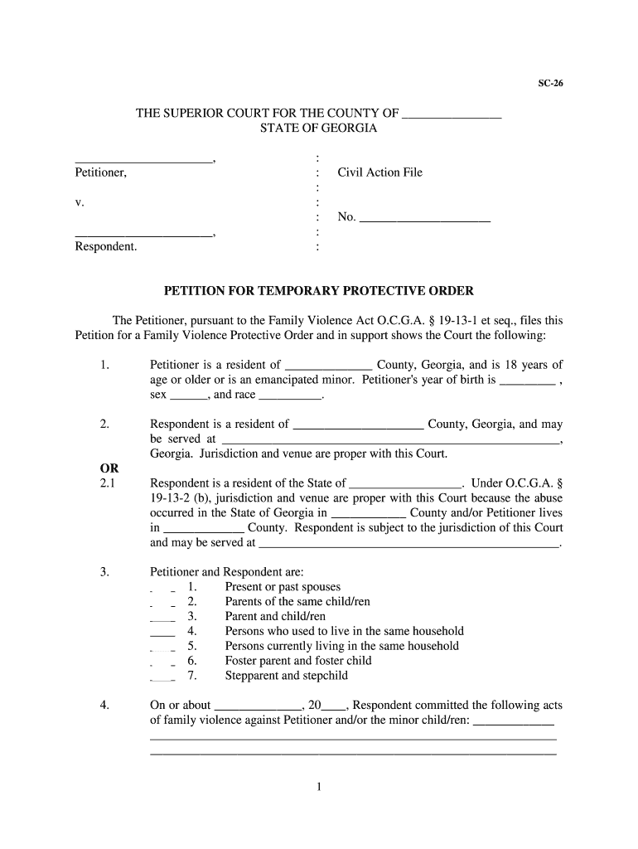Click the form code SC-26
click(552, 84)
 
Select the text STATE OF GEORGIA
click(318, 129)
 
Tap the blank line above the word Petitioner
click(143, 160)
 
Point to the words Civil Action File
click(379, 172)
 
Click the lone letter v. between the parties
click(80, 202)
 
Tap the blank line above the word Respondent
click(143, 235)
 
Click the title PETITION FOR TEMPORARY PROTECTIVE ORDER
click(319, 292)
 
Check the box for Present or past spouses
click(162, 587)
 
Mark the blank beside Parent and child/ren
click(162, 617)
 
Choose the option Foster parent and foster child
click(298, 661)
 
